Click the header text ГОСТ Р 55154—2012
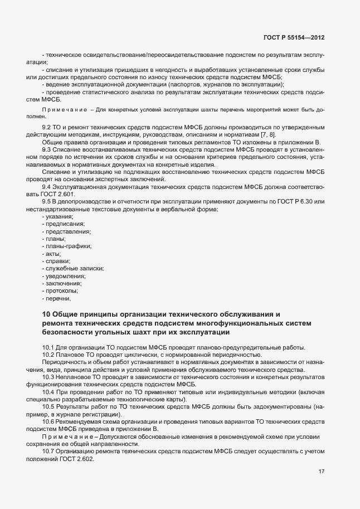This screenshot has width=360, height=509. click(293, 37)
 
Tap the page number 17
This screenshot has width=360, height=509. click(322, 472)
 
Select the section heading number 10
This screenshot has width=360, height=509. click(47, 314)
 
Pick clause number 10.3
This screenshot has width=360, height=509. click(48, 377)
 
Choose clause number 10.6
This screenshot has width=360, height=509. click(48, 421)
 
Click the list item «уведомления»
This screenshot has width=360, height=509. click(64, 276)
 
